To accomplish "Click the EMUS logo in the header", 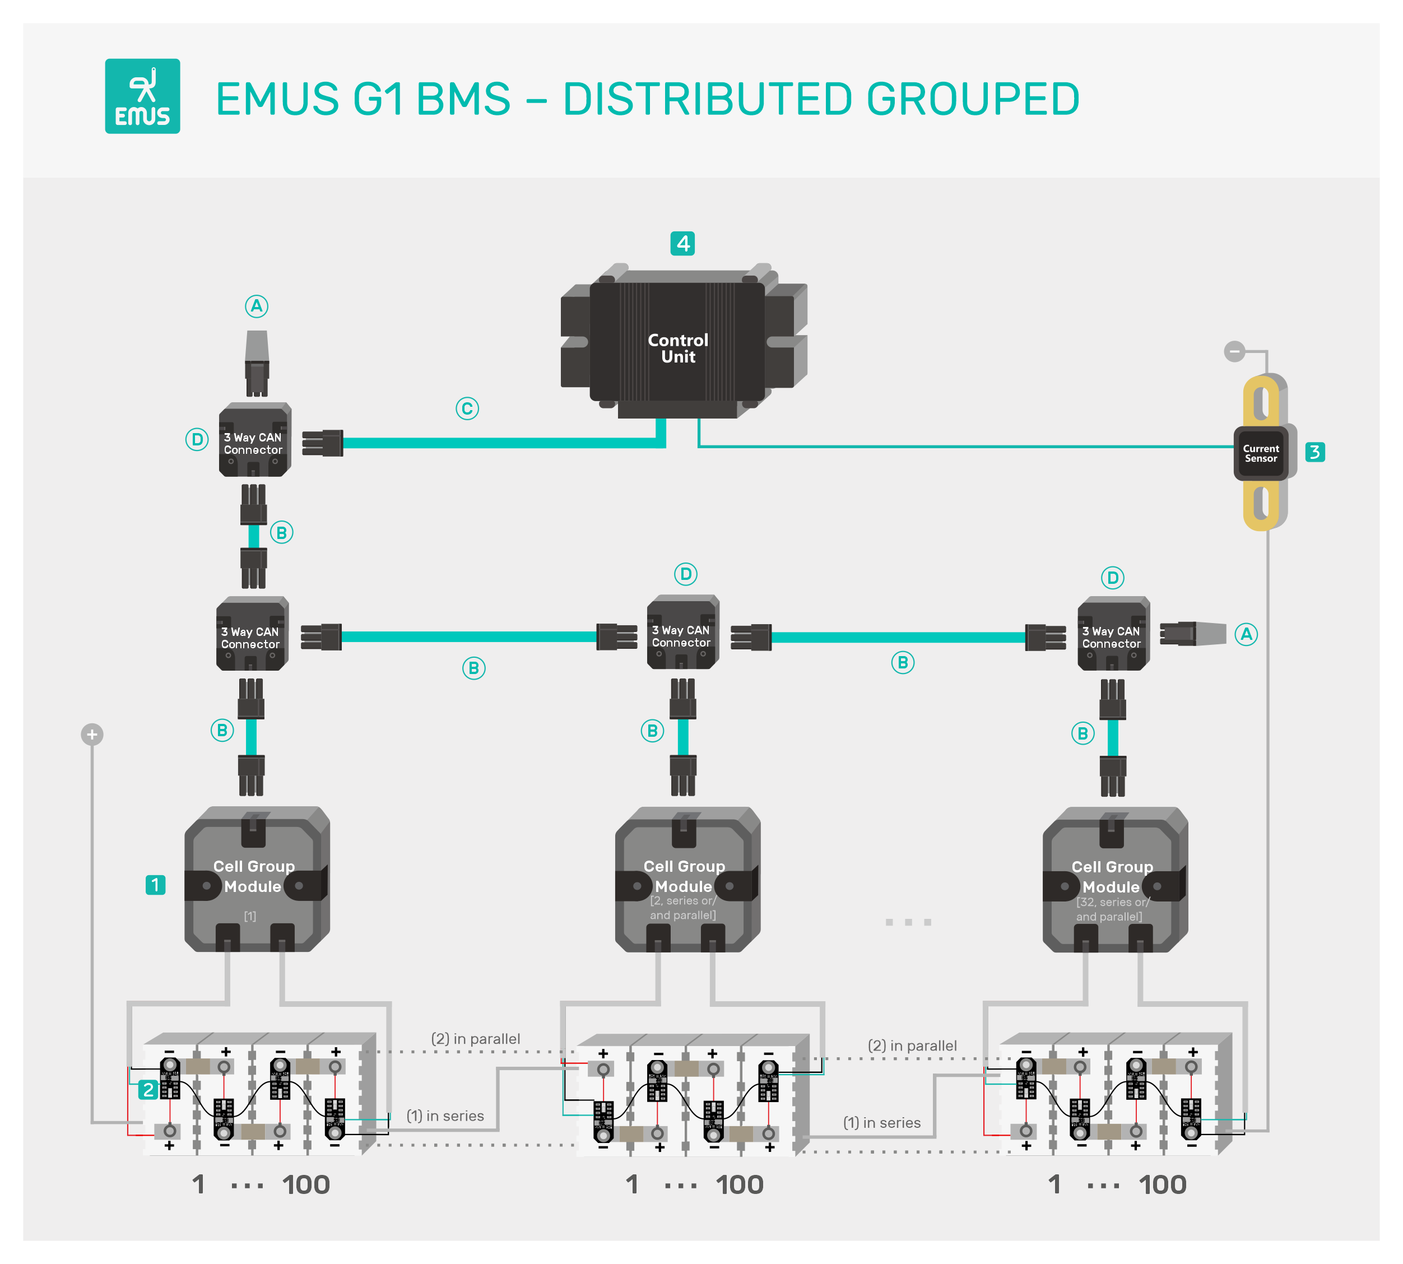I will [x=142, y=96].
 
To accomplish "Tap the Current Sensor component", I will [x=1260, y=453].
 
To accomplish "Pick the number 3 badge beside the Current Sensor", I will [x=1314, y=452].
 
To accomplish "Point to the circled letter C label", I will [x=467, y=408].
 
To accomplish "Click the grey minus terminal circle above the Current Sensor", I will [x=1234, y=351].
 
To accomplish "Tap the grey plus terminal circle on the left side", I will [x=92, y=734].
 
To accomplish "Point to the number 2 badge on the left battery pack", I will [x=148, y=1090].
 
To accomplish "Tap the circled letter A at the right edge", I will [x=1246, y=634].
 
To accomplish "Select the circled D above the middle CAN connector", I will [x=685, y=574].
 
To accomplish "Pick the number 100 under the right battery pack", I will [x=1162, y=1185].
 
